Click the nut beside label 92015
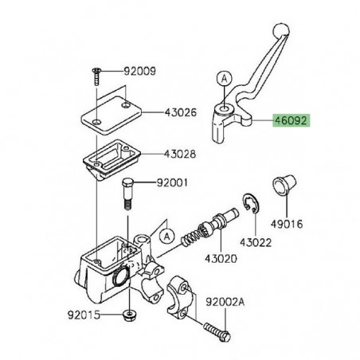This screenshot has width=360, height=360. pos(128,315)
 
